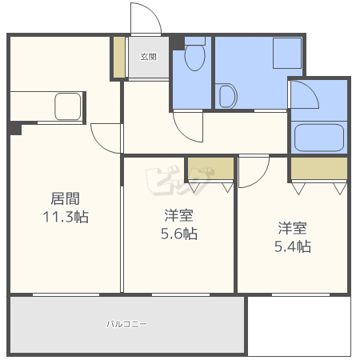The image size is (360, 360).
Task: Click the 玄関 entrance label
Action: point(148,57)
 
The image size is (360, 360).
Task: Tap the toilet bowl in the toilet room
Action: point(194,57)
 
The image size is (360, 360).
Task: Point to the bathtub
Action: point(319,137)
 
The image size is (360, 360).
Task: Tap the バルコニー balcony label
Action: point(127,325)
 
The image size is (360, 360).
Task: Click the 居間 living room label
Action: point(65,198)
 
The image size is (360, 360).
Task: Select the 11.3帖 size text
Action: point(65,217)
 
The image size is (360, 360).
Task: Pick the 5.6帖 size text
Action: point(178,234)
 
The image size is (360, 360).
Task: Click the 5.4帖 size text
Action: point(293,246)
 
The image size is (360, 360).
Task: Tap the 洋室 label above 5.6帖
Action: point(178,215)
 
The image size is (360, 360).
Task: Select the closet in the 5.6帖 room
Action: point(210,170)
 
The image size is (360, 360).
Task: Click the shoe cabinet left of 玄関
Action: point(118,57)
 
